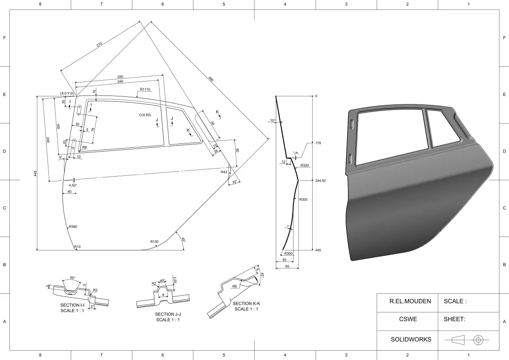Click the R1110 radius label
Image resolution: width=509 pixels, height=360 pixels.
pyautogui.click(x=145, y=90)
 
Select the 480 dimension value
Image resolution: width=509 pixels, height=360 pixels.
pyautogui.click(x=211, y=79)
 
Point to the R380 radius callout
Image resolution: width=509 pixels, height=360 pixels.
pyautogui.click(x=73, y=227)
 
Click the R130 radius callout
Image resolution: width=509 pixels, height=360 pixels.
pyautogui.click(x=154, y=242)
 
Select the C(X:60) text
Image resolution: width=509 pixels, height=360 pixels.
pyautogui.click(x=145, y=115)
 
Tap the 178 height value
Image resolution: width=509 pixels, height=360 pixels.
pyautogui.click(x=318, y=143)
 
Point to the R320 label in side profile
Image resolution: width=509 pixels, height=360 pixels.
pyautogui.click(x=304, y=165)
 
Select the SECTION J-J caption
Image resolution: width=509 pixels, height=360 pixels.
pyautogui.click(x=168, y=314)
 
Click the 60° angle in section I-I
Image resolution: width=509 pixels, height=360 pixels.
pyautogui.click(x=72, y=278)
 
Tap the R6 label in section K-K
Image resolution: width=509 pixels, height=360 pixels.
pyautogui.click(x=234, y=287)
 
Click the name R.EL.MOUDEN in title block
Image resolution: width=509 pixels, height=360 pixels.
pyautogui.click(x=410, y=301)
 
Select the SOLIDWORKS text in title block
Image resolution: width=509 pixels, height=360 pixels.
pyautogui.click(x=411, y=339)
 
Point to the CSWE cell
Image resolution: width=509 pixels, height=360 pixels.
pyautogui.click(x=408, y=319)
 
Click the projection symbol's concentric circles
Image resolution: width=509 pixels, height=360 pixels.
pyautogui.click(x=479, y=340)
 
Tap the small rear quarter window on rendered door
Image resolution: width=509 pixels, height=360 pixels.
pyautogui.click(x=443, y=127)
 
